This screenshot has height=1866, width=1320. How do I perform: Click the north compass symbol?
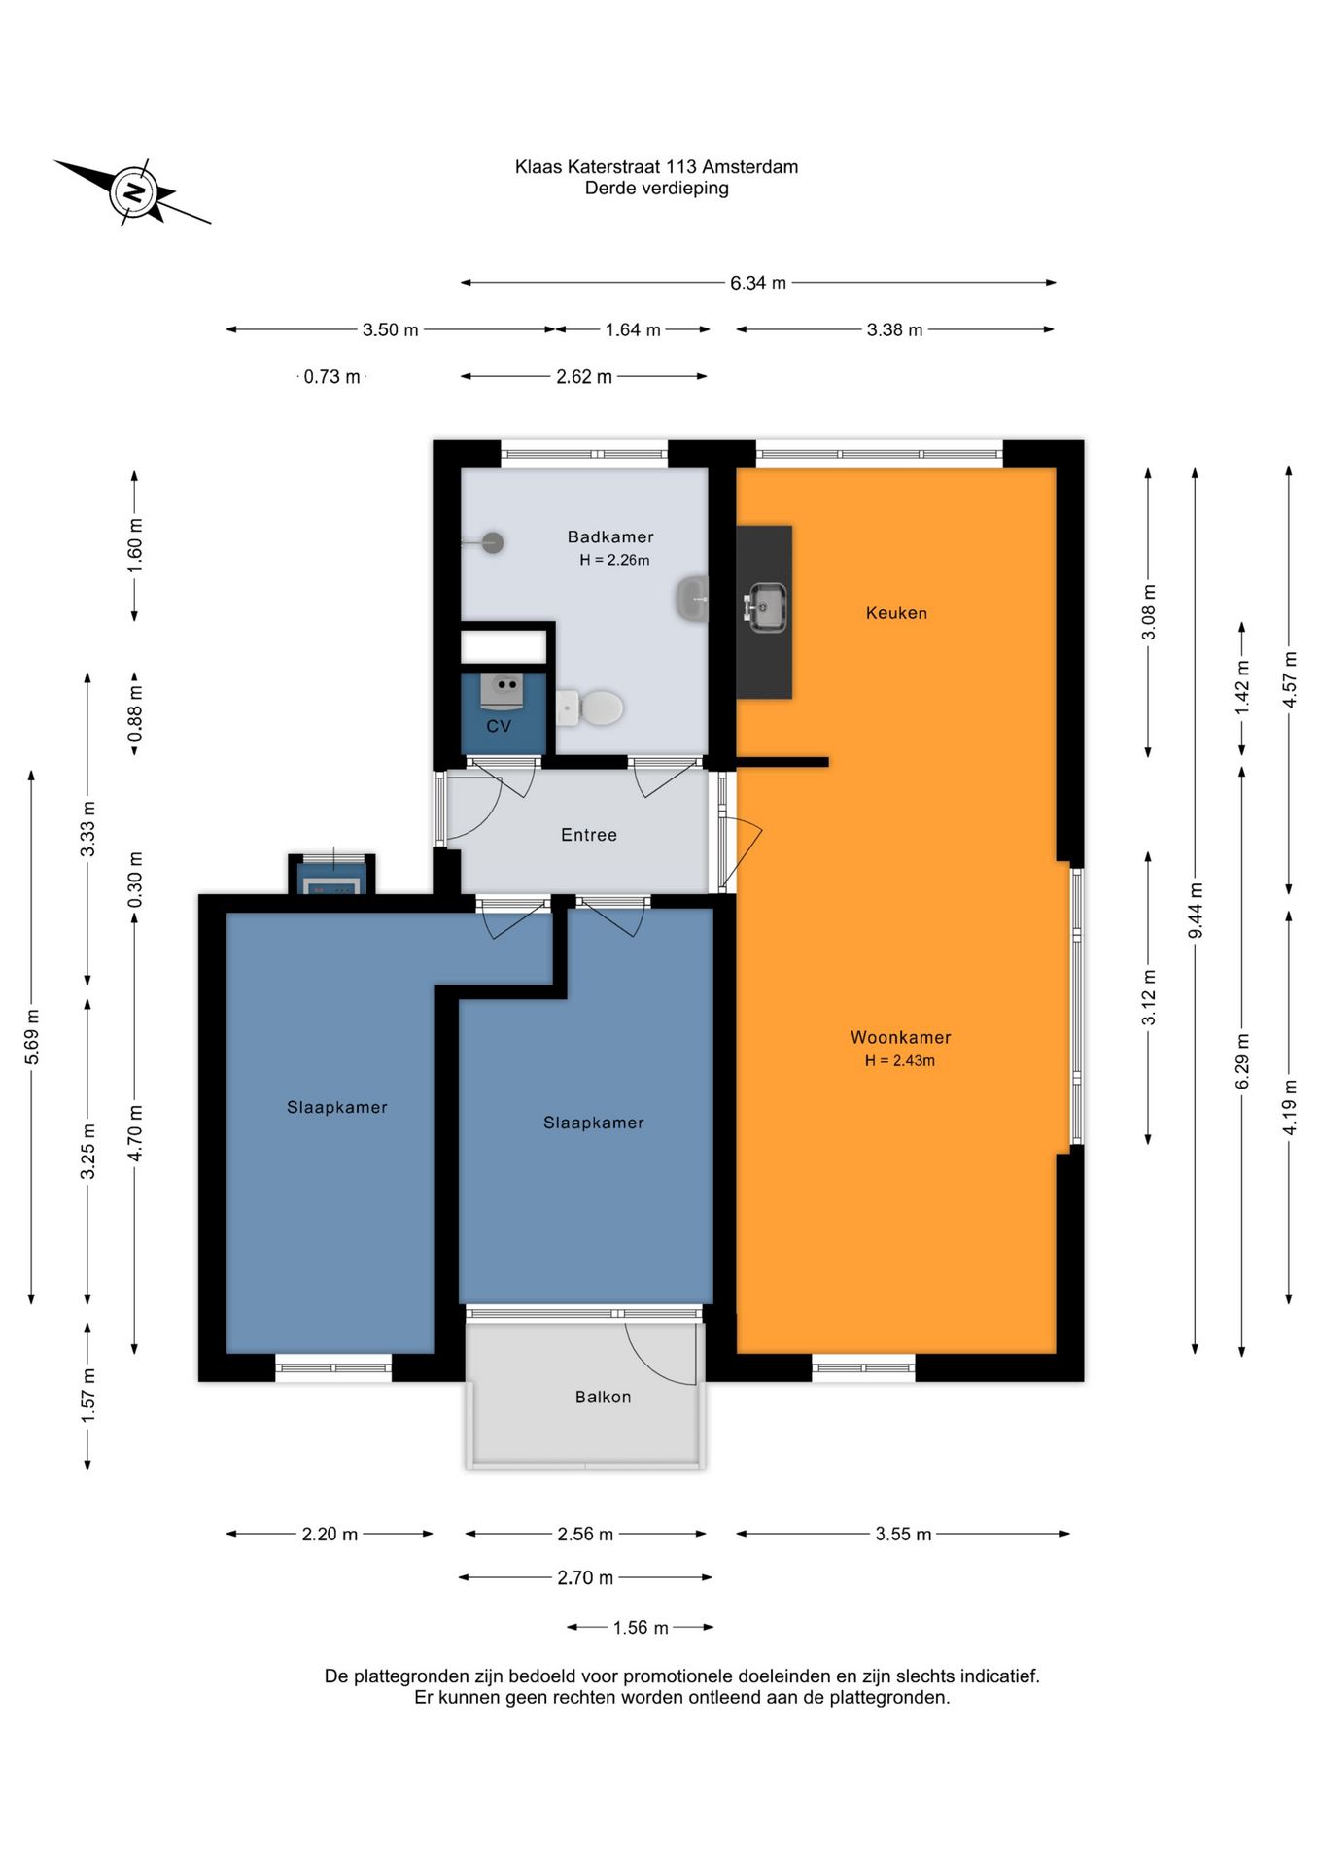[x=133, y=191]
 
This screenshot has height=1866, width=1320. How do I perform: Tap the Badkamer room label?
[x=610, y=536]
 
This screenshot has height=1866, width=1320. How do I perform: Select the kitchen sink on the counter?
[x=766, y=606]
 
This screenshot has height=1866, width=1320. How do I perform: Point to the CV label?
[x=499, y=726]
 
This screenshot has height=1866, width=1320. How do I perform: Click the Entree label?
[x=589, y=835]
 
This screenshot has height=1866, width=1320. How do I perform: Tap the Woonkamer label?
[x=901, y=1037]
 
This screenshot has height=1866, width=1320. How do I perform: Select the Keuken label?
[x=896, y=613]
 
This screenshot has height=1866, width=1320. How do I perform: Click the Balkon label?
[x=603, y=1397]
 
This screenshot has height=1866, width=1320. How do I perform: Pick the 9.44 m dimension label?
[x=1196, y=911]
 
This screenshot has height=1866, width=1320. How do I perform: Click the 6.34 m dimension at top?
[x=758, y=283]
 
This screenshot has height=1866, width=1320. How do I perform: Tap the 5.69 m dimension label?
[x=32, y=1037]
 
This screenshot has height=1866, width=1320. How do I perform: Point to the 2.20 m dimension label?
[x=330, y=1534]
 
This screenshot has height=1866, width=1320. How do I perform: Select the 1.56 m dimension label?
[x=641, y=1627]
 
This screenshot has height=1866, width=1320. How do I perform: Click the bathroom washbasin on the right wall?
[x=692, y=599]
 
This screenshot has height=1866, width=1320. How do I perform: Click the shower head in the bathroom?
[x=492, y=542]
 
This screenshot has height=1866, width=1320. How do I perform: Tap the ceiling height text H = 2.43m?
[x=900, y=1060]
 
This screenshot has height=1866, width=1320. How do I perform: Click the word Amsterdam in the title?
[x=750, y=166]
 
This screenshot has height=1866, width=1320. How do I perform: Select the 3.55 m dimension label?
[x=903, y=1534]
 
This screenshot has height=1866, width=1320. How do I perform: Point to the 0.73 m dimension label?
[x=331, y=376]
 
